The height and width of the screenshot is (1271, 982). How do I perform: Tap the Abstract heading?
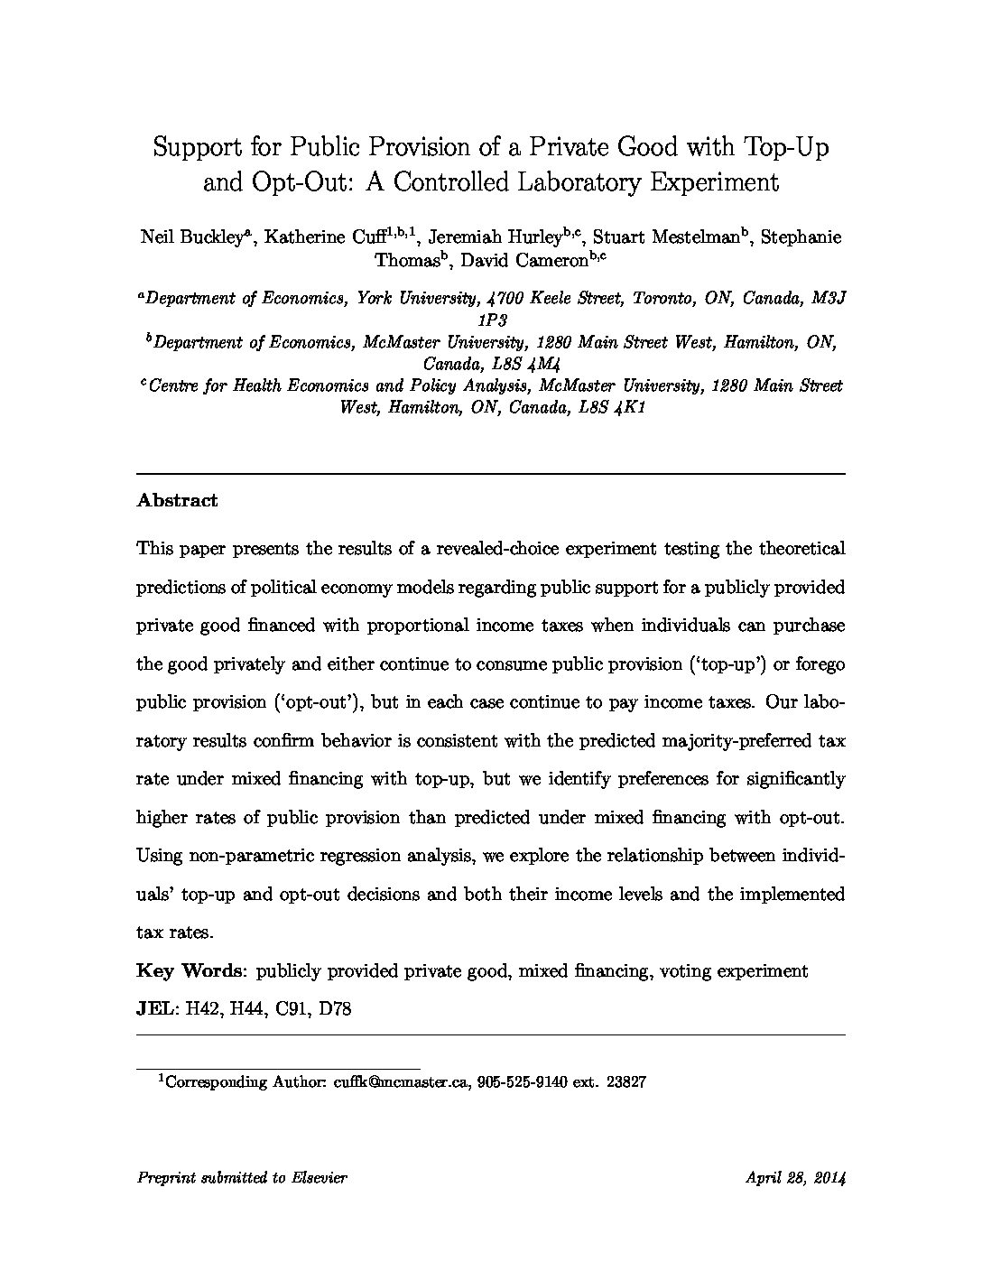[x=177, y=500]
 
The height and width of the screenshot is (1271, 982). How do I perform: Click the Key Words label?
[x=190, y=971]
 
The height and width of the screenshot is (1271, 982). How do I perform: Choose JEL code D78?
[x=335, y=1009]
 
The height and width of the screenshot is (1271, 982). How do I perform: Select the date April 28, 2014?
[x=795, y=1177]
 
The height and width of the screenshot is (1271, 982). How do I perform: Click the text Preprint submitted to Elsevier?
[x=242, y=1177]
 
